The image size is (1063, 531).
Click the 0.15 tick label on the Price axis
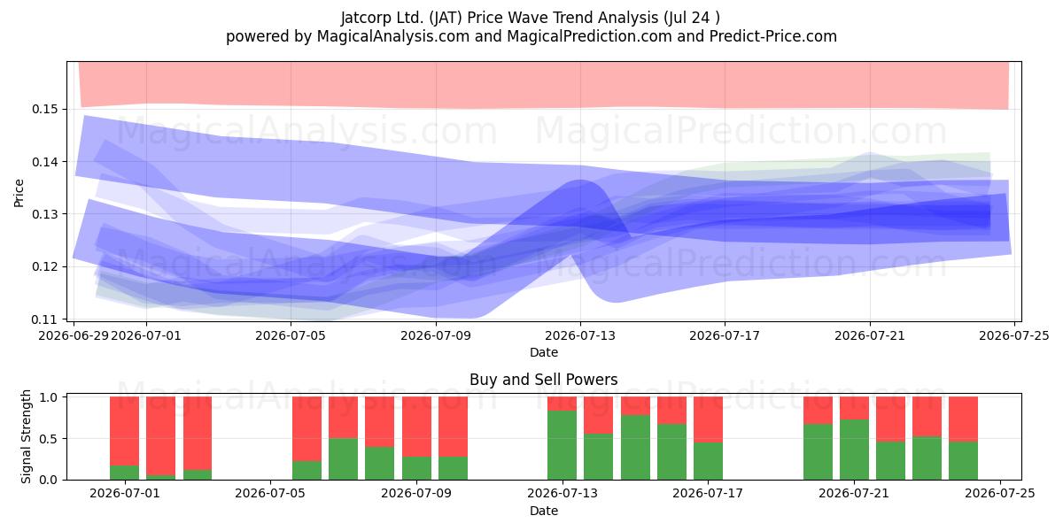click(x=45, y=110)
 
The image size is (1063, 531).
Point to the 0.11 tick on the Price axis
click(x=45, y=319)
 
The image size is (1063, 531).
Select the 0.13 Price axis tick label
click(x=45, y=214)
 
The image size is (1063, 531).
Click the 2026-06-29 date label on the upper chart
click(x=74, y=335)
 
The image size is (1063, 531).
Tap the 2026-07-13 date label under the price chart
click(x=580, y=335)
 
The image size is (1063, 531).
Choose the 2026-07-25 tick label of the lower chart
click(x=1000, y=493)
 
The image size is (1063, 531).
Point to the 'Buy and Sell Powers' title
click(x=543, y=380)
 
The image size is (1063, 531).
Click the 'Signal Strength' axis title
click(x=26, y=436)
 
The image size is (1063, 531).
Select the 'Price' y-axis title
click(x=19, y=193)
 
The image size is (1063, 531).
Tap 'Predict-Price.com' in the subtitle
click(x=773, y=36)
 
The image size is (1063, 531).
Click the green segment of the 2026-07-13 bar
click(x=562, y=445)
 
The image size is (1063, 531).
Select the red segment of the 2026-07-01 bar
click(x=124, y=431)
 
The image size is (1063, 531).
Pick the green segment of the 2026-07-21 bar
click(x=854, y=450)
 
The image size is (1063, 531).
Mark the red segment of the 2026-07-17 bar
click(x=708, y=419)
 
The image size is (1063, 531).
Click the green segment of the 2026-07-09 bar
click(x=416, y=468)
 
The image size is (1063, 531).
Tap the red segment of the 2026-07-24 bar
click(x=964, y=419)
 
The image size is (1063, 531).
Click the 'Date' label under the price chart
click(x=544, y=352)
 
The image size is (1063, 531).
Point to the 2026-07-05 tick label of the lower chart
click(x=270, y=493)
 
